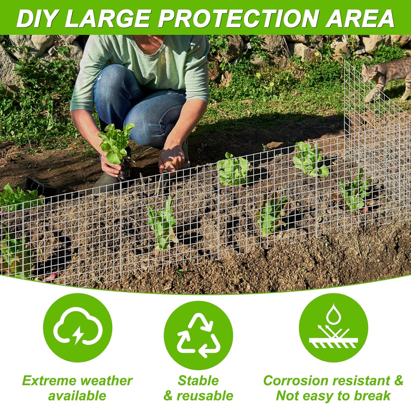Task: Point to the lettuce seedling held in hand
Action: [x=115, y=143]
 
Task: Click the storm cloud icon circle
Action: [x=78, y=328]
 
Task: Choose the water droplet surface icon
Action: [x=333, y=328]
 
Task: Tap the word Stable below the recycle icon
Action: [x=198, y=380]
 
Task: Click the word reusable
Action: [x=205, y=396]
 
